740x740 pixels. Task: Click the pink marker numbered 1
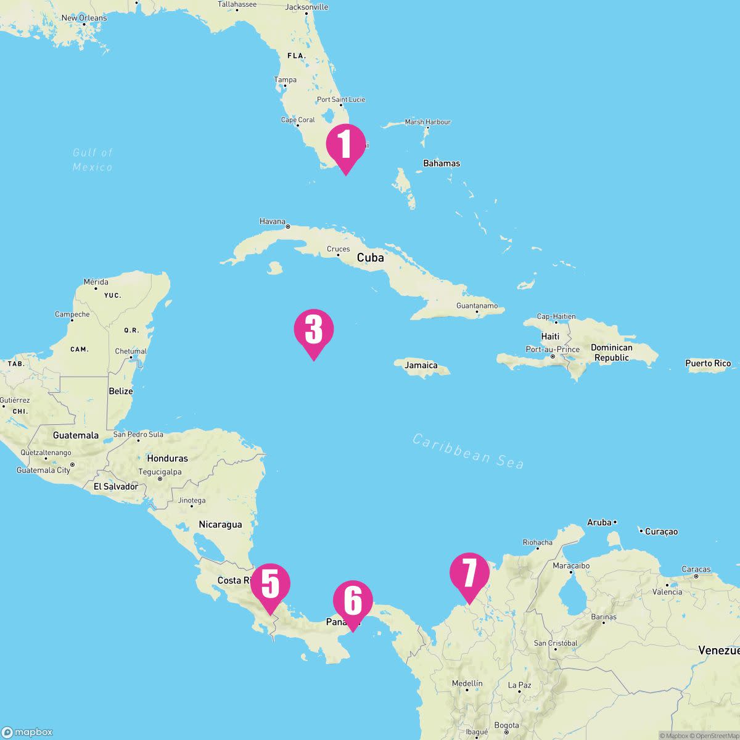345,144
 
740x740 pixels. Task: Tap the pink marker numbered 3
314,329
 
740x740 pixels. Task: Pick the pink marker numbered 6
353,601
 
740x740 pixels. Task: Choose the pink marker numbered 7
469,573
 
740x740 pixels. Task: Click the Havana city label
273,221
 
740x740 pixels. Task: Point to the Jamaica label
421,366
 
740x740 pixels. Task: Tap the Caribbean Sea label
468,451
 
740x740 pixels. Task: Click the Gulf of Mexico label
92,160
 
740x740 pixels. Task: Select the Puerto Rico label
708,363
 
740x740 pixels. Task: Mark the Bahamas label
442,163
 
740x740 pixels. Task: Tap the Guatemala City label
43,470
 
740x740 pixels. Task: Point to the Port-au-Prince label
553,349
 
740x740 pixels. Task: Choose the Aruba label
599,522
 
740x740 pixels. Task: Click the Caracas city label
696,569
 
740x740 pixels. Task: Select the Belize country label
121,391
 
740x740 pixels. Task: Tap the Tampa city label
286,80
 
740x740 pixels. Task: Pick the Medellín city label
467,683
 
